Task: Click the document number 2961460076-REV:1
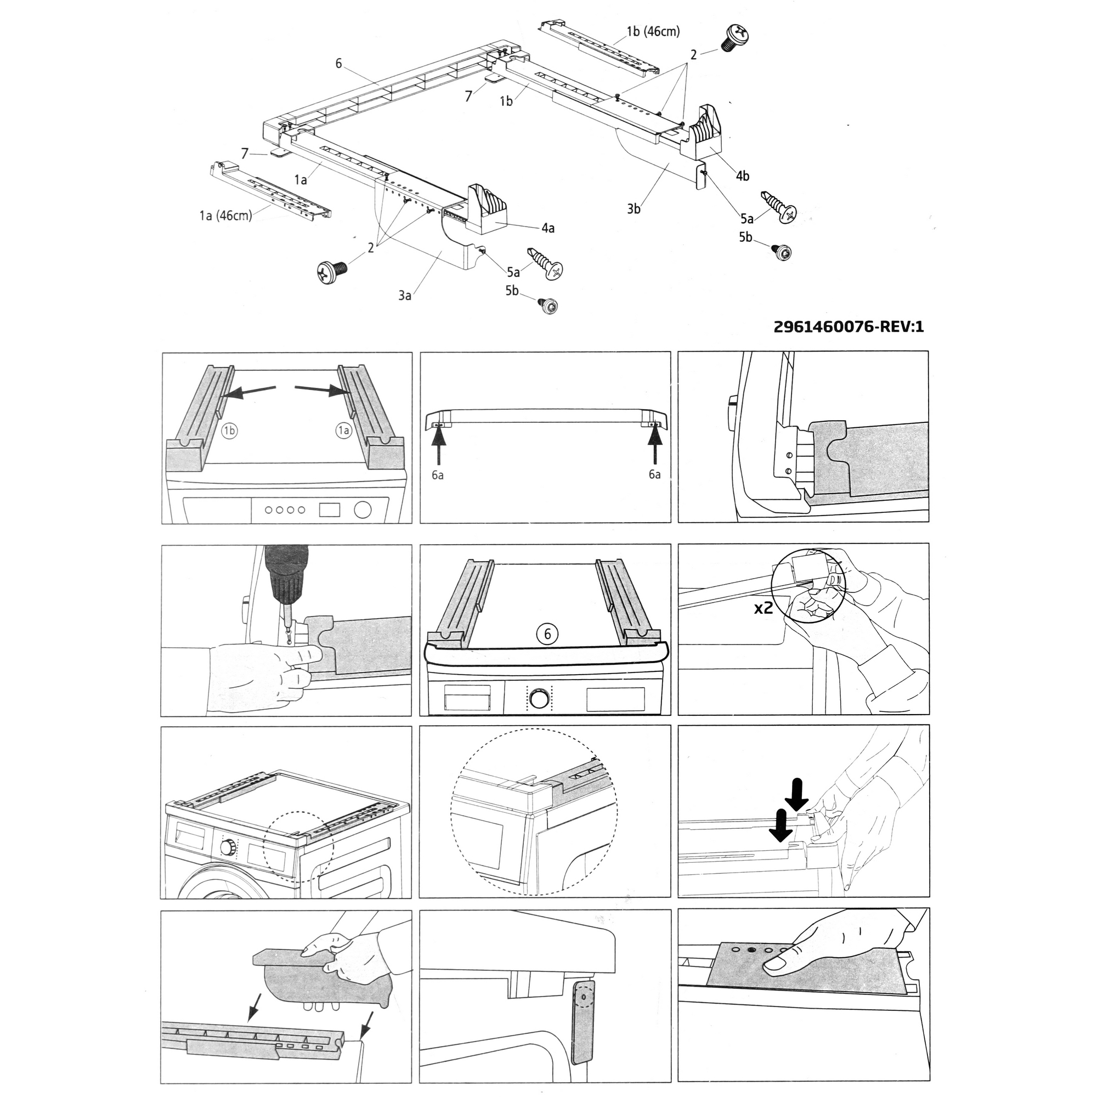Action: tap(849, 327)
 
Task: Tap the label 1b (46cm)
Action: tap(653, 32)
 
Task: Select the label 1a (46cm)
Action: tap(225, 216)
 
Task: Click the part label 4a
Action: tap(547, 228)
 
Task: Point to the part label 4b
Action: tap(742, 176)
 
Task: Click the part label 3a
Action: tap(404, 295)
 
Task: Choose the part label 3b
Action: tap(634, 209)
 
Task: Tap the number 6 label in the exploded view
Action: tap(339, 64)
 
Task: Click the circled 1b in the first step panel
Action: tap(229, 431)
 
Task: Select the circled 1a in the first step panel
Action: tap(343, 431)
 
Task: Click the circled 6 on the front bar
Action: tap(547, 634)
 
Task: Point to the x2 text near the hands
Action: tap(764, 608)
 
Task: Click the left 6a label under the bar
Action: tap(437, 474)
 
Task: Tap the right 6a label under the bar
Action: tap(655, 474)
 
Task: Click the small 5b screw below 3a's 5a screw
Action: tap(548, 307)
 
